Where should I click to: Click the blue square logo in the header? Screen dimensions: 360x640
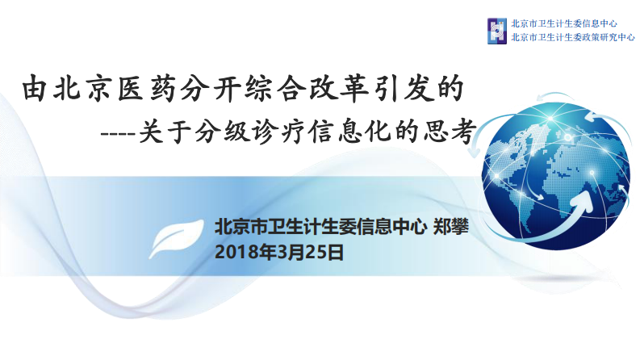(x=497, y=31)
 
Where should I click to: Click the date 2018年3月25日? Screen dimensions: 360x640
(x=279, y=252)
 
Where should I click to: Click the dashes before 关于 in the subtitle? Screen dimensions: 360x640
(x=115, y=131)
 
